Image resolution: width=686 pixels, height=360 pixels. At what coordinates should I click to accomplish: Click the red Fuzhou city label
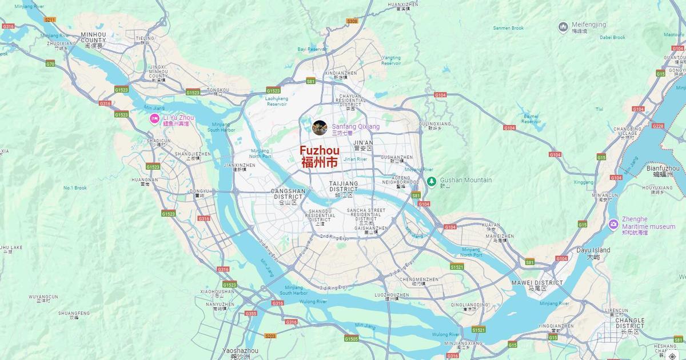tap(320, 155)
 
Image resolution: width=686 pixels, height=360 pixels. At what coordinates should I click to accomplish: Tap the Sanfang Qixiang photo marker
tap(320, 127)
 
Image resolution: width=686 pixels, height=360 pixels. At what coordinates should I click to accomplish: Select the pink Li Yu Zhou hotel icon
tap(154, 119)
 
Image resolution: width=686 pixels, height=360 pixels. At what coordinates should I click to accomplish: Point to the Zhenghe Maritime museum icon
tap(613, 223)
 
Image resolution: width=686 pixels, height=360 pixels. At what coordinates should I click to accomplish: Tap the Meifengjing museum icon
tap(563, 26)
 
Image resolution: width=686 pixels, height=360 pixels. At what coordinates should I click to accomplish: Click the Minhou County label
tap(93, 37)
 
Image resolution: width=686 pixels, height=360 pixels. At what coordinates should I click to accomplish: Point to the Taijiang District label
tap(343, 186)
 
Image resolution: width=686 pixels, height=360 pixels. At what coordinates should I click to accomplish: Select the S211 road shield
tap(50, 20)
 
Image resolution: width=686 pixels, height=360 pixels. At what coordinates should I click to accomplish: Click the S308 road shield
tap(352, 21)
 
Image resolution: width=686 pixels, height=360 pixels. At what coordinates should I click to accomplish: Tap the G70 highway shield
tap(50, 63)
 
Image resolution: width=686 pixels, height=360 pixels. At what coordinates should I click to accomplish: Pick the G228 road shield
tap(658, 126)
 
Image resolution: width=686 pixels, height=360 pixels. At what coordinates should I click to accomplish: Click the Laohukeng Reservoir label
tap(276, 101)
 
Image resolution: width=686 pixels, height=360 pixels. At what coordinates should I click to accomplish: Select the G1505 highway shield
tap(352, 339)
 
